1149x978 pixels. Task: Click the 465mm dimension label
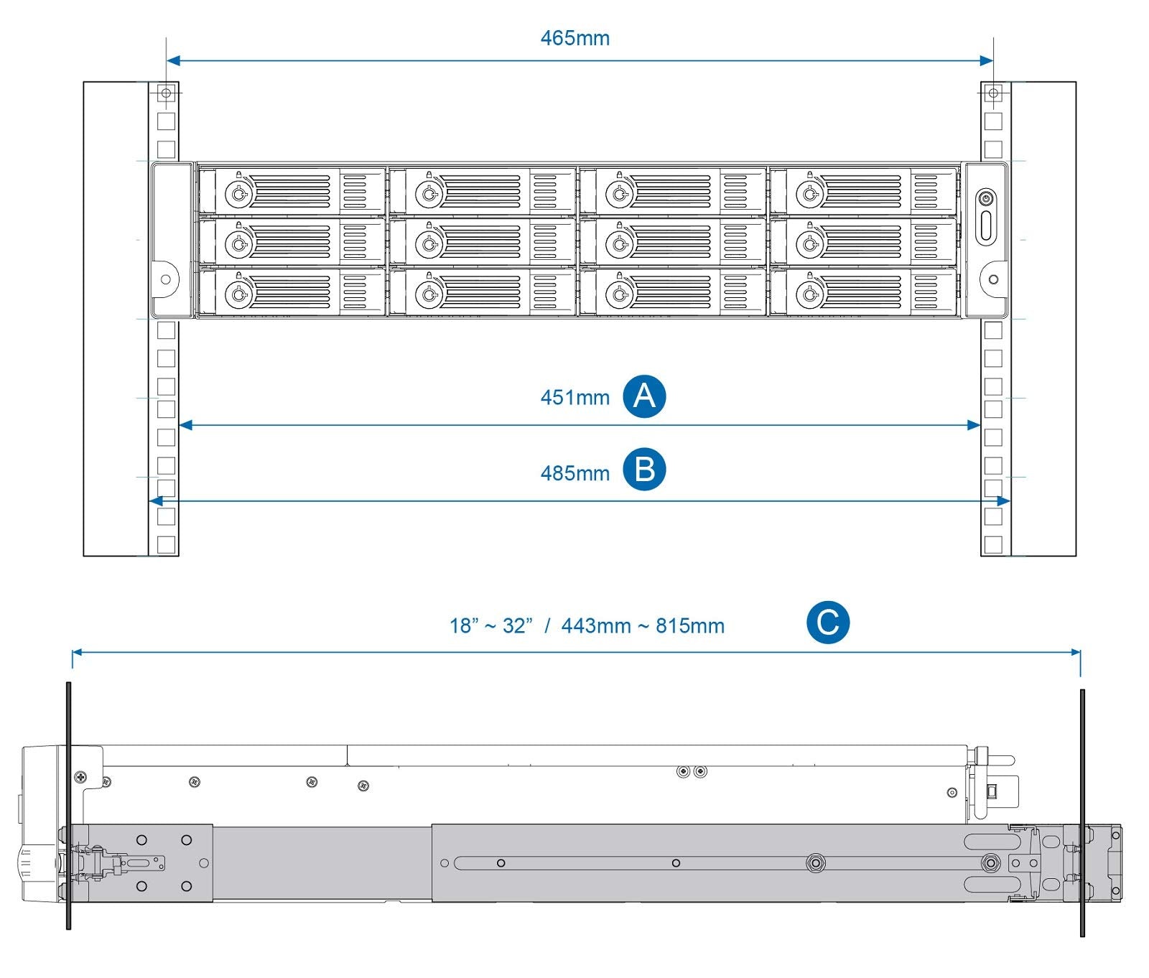tap(574, 37)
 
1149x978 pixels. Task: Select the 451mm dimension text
tap(574, 397)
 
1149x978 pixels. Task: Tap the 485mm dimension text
tap(574, 473)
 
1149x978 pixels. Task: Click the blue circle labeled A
tap(644, 396)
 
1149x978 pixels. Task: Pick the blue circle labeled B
tap(644, 470)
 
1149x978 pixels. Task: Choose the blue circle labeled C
tap(827, 622)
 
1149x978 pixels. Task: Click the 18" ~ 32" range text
tap(491, 626)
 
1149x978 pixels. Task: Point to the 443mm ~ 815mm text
tap(643, 626)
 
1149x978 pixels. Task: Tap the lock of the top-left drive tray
tap(238, 193)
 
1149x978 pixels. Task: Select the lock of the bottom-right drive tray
tap(809, 294)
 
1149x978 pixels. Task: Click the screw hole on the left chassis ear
tap(166, 279)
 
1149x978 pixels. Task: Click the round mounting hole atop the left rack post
tap(166, 93)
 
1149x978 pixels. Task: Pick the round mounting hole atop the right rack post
tap(993, 93)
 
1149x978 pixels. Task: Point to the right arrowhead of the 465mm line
tap(987, 61)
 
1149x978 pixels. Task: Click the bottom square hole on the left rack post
tap(166, 544)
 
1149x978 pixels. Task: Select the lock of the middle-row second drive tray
tap(429, 244)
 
